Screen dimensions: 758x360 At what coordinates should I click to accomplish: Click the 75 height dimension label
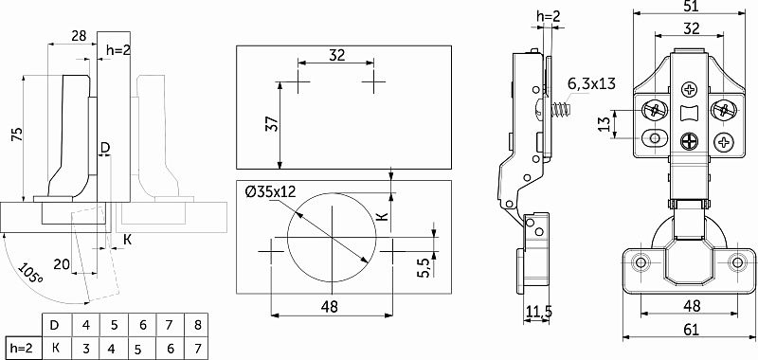[16, 135]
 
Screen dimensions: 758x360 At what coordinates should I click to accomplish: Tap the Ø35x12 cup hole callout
[270, 191]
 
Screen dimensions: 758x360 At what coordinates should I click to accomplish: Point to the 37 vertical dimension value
[273, 124]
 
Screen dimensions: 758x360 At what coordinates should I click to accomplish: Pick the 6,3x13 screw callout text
[591, 83]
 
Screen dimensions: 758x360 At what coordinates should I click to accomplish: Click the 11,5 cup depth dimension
[536, 312]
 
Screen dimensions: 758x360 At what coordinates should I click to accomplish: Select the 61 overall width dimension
[692, 330]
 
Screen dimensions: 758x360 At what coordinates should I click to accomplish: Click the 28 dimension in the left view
[79, 35]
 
